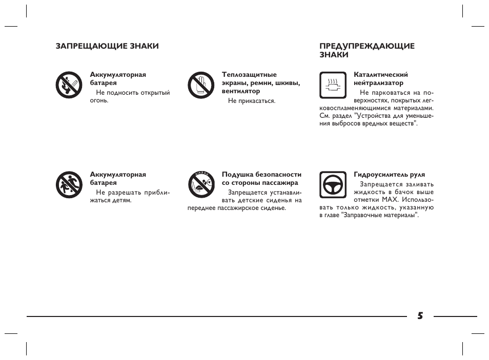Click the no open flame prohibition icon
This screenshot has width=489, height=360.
coord(69,85)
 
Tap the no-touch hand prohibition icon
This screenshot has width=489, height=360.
coord(200,85)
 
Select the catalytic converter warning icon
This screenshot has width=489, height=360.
coord(332,85)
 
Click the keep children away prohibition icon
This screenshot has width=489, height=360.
coord(69,185)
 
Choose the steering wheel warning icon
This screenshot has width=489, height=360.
coord(332,185)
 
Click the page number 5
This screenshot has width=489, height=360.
coord(420,316)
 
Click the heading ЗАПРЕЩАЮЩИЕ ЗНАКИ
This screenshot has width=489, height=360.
coord(107,46)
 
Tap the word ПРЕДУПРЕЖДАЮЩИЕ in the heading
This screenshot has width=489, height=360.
coord(367,46)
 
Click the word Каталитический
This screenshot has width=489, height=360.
coord(381,75)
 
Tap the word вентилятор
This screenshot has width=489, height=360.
coord(241,91)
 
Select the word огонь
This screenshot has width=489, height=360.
coord(99,100)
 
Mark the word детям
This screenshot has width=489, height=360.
coord(122,200)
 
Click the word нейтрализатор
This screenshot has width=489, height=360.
coord(378,83)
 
